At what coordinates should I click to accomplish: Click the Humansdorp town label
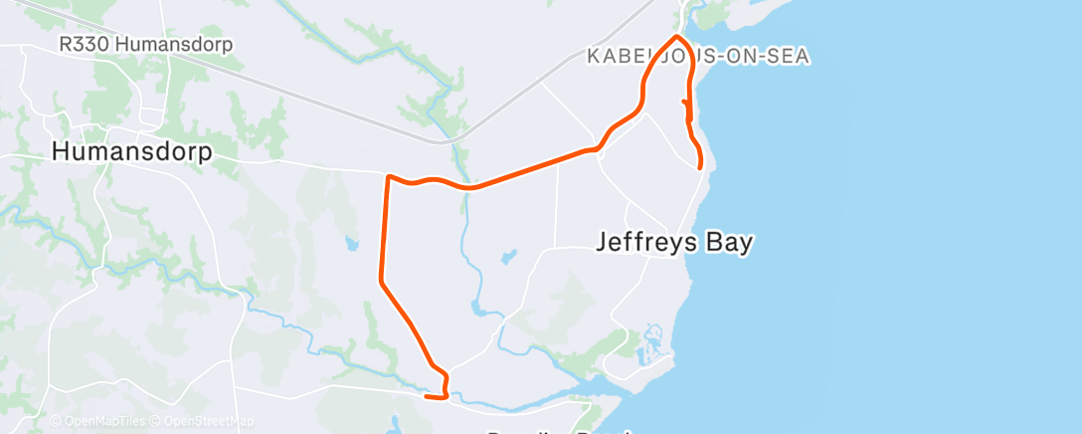(x=131, y=152)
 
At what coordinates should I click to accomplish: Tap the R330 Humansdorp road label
(x=145, y=46)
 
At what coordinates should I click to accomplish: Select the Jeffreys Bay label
(x=674, y=242)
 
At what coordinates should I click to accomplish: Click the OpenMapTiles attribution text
(x=97, y=422)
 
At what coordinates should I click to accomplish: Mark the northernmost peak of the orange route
(x=677, y=37)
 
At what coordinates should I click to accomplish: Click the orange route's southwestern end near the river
(x=427, y=397)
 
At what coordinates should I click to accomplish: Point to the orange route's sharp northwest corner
(x=387, y=177)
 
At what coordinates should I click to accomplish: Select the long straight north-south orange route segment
(x=383, y=229)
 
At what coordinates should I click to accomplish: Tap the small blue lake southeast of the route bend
(x=508, y=257)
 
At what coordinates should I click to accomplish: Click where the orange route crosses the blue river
(x=464, y=187)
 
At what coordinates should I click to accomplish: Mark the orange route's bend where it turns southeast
(x=380, y=282)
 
